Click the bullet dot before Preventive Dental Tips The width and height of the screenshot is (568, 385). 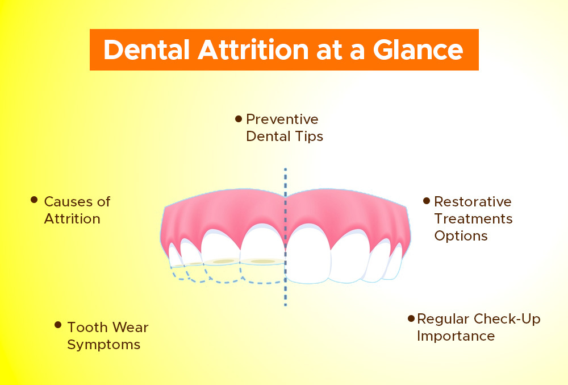(239, 119)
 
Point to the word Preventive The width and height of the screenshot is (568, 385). (282, 119)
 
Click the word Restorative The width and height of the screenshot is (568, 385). (473, 201)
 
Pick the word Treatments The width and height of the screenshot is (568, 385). (473, 218)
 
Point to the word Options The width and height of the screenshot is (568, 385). (461, 235)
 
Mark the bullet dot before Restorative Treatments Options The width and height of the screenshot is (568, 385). (426, 200)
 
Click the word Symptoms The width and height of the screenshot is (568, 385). (103, 345)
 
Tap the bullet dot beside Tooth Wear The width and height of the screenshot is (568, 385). (58, 325)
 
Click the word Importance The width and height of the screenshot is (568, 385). (456, 336)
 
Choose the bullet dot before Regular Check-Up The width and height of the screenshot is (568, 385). (411, 318)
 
